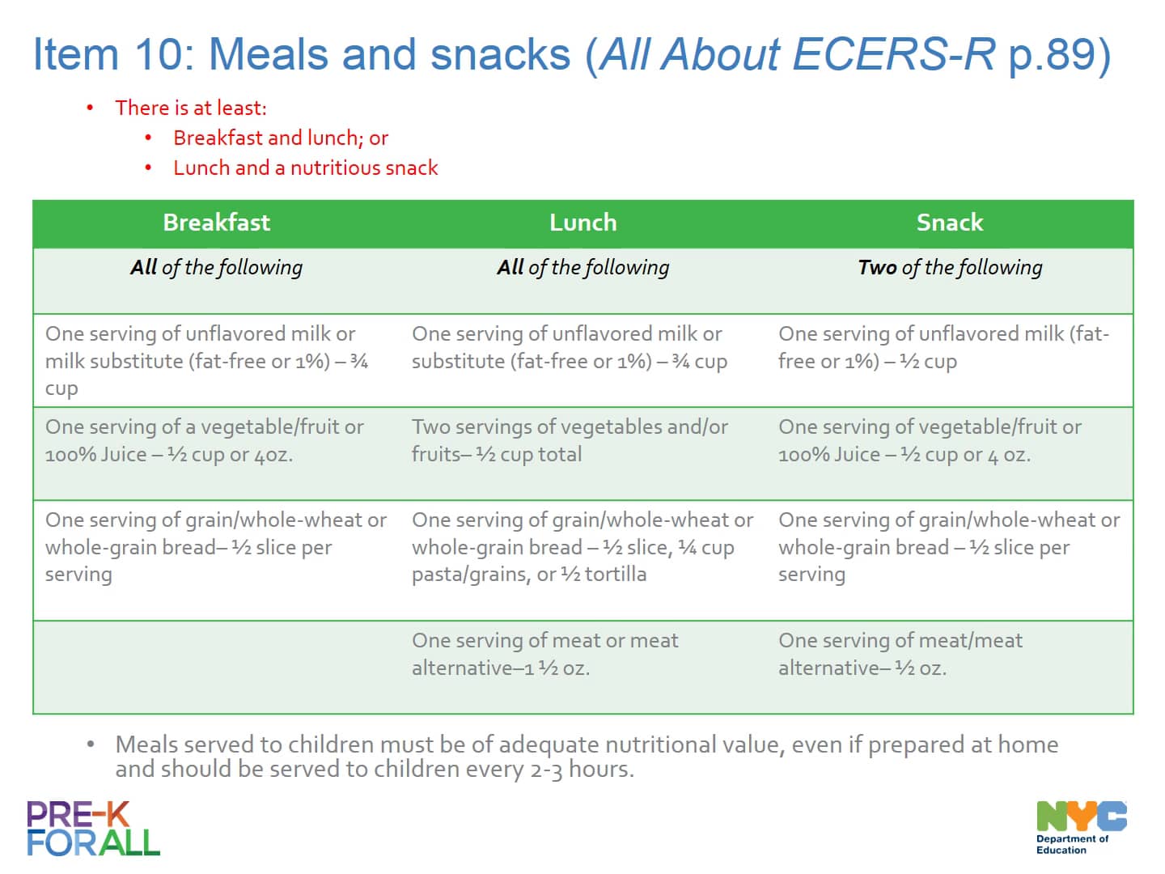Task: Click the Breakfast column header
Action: pyautogui.click(x=216, y=223)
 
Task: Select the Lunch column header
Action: pyautogui.click(x=582, y=223)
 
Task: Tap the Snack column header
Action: pyautogui.click(x=950, y=223)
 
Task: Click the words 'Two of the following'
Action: pyautogui.click(x=950, y=267)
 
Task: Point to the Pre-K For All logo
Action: pyautogui.click(x=93, y=829)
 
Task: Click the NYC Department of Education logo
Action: pyautogui.click(x=1081, y=827)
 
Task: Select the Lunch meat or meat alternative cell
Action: pyautogui.click(x=544, y=654)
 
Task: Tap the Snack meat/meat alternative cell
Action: pyautogui.click(x=900, y=654)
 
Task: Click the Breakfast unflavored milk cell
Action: pyautogui.click(x=206, y=360)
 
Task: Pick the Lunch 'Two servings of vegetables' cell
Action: pyautogui.click(x=570, y=440)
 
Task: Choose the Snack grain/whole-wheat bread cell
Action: pyautogui.click(x=948, y=546)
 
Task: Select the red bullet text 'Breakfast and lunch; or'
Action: pyautogui.click(x=281, y=138)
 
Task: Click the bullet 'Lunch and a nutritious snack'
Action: pyautogui.click(x=305, y=168)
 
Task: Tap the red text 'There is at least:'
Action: pyautogui.click(x=190, y=108)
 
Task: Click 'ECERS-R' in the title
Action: pyautogui.click(x=893, y=54)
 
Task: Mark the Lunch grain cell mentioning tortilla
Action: pyautogui.click(x=582, y=546)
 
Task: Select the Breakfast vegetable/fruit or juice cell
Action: pyautogui.click(x=204, y=440)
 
